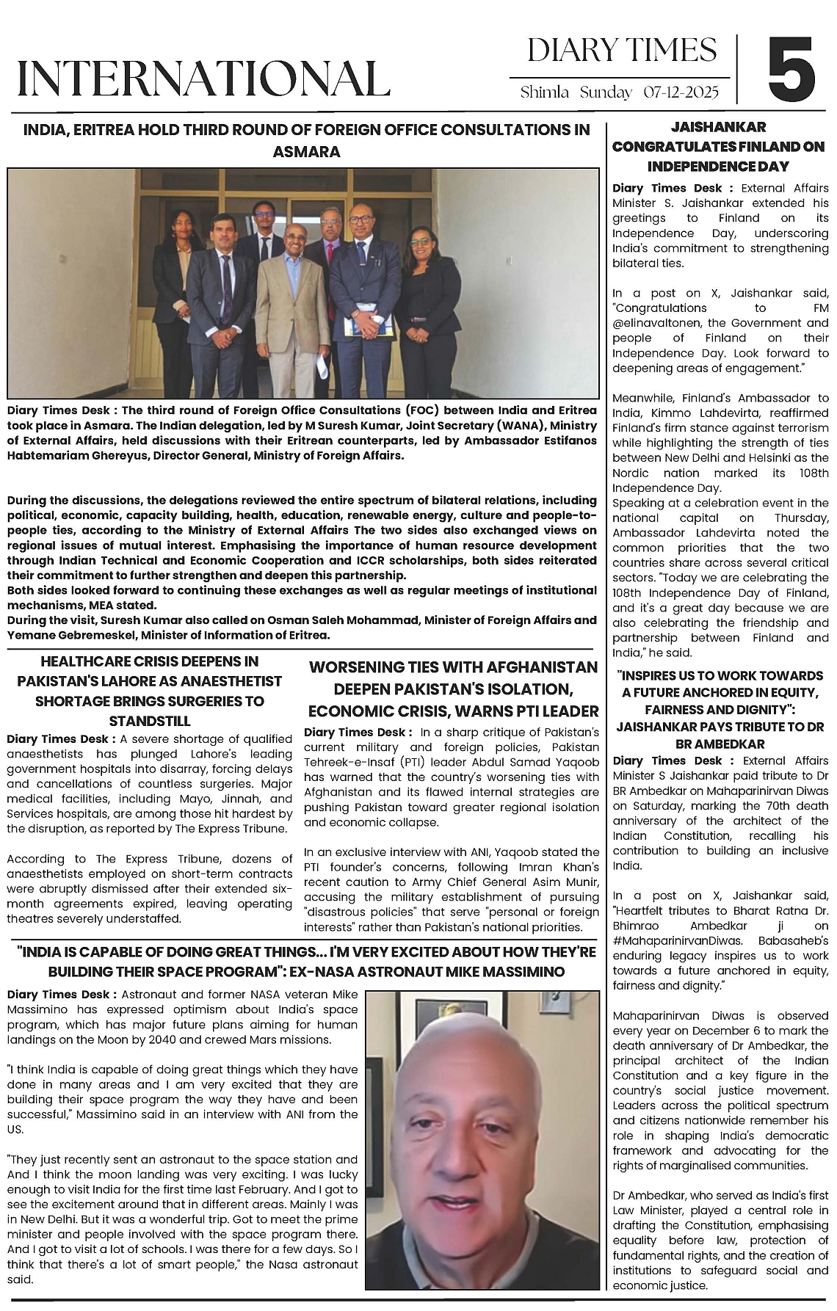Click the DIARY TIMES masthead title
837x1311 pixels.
click(622, 50)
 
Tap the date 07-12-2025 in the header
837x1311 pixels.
click(681, 92)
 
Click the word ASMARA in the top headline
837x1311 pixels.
click(306, 152)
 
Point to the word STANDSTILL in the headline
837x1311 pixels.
click(150, 721)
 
